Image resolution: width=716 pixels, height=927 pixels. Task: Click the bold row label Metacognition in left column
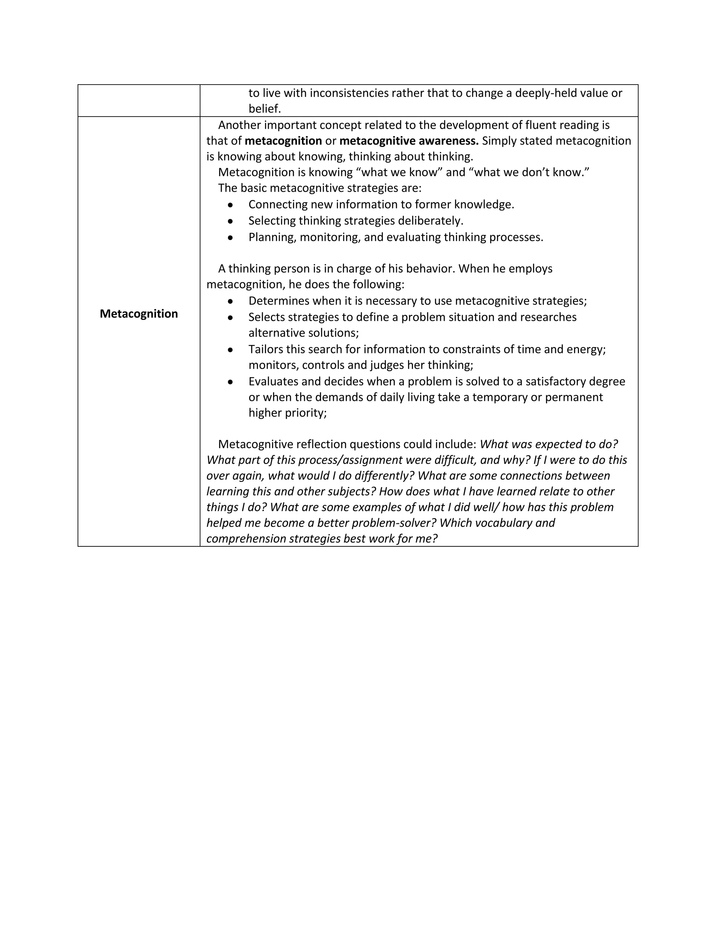click(139, 314)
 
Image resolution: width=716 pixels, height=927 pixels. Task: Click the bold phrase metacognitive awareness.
click(409, 141)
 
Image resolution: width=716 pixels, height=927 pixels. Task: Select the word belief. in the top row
click(265, 109)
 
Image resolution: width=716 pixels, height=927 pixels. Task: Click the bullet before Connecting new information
click(230, 205)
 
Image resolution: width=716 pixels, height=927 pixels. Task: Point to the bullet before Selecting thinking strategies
click(230, 221)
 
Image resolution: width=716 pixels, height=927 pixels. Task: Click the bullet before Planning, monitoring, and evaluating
click(230, 237)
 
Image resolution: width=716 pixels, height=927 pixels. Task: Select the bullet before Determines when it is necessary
click(230, 301)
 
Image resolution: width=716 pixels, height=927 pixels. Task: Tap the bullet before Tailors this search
click(230, 350)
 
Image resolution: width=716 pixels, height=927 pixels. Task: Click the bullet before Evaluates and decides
click(230, 382)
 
